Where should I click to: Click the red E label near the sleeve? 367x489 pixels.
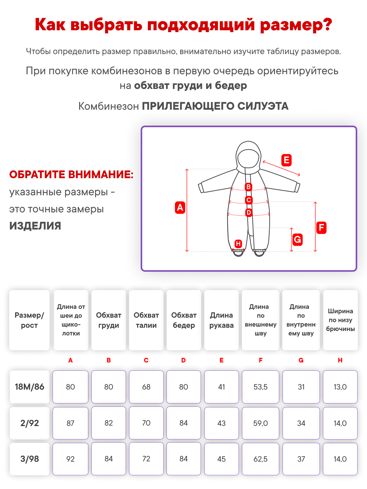tap(286, 160)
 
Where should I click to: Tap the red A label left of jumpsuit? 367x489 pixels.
tap(180, 208)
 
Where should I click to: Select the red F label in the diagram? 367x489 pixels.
tap(321, 228)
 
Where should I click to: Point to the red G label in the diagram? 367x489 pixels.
tap(297, 239)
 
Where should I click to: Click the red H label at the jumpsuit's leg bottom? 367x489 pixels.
tap(238, 244)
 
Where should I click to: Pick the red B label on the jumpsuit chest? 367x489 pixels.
tap(249, 187)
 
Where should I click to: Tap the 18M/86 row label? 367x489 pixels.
tap(30, 387)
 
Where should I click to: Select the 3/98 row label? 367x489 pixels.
tap(30, 459)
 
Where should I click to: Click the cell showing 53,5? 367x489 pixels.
tap(261, 387)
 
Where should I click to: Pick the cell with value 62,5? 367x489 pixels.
tap(261, 459)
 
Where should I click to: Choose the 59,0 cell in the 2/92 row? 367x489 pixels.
tap(261, 423)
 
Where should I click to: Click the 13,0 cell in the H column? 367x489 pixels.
tap(340, 387)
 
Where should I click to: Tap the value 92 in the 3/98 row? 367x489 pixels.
tap(70, 459)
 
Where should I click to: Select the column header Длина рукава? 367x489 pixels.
tap(221, 320)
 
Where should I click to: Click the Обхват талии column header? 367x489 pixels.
tap(146, 320)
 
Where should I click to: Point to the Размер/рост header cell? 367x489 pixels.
tap(29, 320)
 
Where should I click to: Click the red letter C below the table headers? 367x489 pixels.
tap(146, 360)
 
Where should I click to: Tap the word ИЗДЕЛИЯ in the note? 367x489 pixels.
tap(35, 226)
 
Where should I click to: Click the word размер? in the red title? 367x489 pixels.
tap(296, 25)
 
